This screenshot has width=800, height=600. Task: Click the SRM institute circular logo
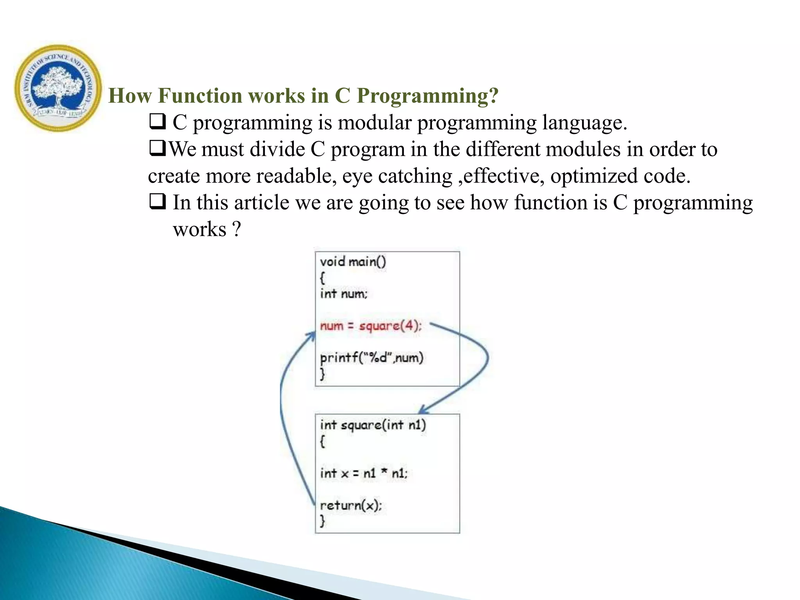(x=58, y=88)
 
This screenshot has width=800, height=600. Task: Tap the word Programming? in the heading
(x=427, y=96)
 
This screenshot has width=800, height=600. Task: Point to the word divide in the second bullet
(x=277, y=149)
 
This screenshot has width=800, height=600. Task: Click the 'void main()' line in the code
(x=353, y=261)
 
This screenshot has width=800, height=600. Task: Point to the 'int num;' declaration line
(x=343, y=293)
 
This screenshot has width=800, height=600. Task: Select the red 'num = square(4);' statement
(x=370, y=325)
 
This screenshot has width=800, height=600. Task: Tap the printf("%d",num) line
(x=371, y=357)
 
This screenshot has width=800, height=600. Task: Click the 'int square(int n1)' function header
(x=373, y=425)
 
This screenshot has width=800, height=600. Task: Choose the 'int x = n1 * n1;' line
(x=363, y=473)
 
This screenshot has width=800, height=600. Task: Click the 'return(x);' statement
(x=350, y=505)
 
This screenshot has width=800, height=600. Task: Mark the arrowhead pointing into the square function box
(x=423, y=411)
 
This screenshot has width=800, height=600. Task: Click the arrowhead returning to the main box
(x=312, y=336)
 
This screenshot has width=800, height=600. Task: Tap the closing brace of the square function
(x=322, y=521)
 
